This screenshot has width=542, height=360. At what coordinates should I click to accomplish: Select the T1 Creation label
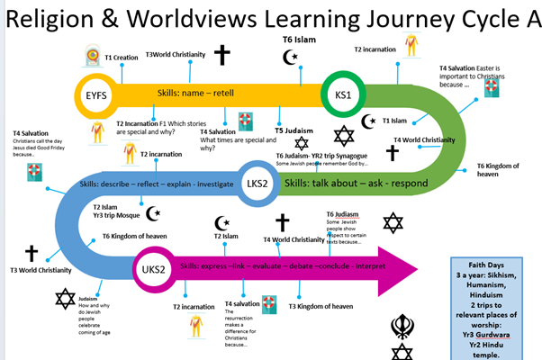(x=123, y=58)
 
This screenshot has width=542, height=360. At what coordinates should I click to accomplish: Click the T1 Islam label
(x=397, y=120)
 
